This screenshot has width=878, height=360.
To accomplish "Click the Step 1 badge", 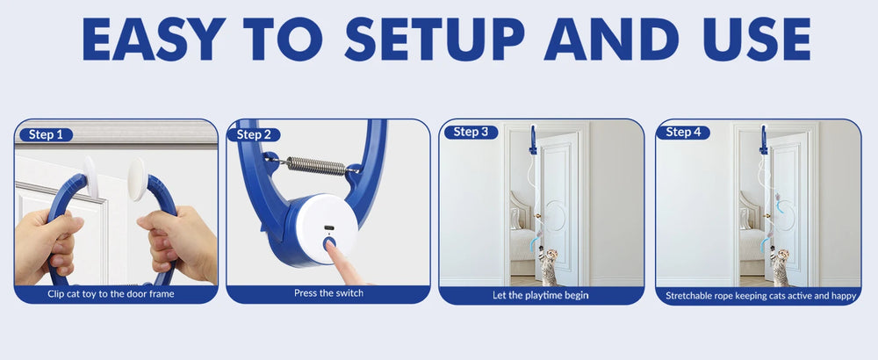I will [x=45, y=134].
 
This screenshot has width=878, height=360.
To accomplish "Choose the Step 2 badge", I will [x=255, y=134].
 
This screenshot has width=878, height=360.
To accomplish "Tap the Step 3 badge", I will [x=471, y=132].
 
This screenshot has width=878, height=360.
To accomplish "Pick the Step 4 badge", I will [x=684, y=132].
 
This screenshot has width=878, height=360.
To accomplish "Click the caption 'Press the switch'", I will [x=327, y=294].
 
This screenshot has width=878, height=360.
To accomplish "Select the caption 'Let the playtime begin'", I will [x=541, y=295].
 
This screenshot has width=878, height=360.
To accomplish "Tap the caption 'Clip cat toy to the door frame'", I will [x=116, y=294].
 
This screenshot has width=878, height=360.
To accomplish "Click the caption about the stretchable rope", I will [x=760, y=295].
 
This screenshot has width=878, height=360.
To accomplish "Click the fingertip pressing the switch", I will [x=334, y=252].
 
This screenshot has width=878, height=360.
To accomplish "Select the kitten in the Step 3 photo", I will [x=549, y=266].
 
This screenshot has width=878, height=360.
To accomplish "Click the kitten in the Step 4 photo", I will [x=779, y=266].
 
